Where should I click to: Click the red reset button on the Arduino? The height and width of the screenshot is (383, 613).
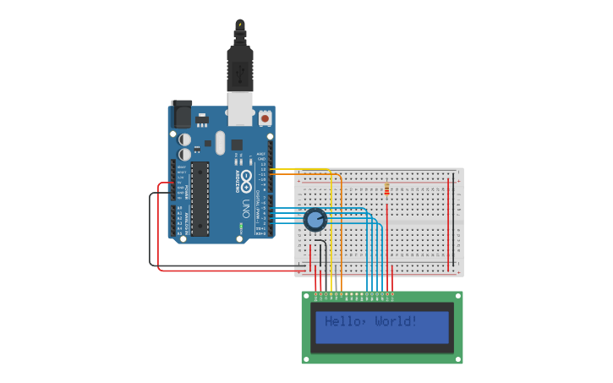[x=265, y=119]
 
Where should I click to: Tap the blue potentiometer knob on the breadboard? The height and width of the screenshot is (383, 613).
[x=315, y=220]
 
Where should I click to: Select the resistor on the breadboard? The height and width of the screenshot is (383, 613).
[x=386, y=189]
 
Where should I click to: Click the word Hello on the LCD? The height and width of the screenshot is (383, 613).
[x=344, y=321]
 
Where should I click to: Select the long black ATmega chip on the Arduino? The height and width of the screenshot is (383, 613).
[x=200, y=199]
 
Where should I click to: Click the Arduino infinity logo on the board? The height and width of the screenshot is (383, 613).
[x=247, y=179]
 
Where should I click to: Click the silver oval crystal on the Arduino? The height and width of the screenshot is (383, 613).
[x=221, y=142]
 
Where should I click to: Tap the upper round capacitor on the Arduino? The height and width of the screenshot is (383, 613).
[x=184, y=139]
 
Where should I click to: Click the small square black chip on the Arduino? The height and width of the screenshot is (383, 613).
[x=237, y=145]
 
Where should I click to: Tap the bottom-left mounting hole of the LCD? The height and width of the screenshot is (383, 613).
[x=307, y=359]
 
